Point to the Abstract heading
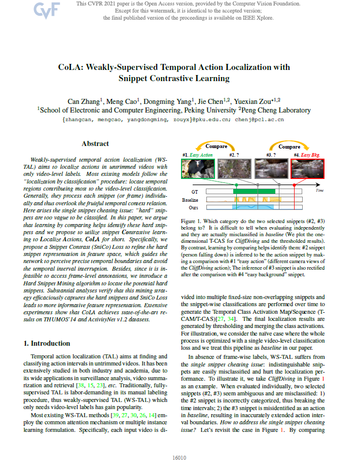pyautogui.click(x=95, y=144)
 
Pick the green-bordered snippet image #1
pyautogui.click(x=198, y=169)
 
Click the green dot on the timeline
pyautogui.click(x=236, y=185)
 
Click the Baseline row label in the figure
pyautogui.click(x=191, y=200)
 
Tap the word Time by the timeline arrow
pyautogui.click(x=319, y=190)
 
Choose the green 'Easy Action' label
pyautogui.click(x=203, y=155)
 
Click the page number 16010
pyautogui.click(x=179, y=458)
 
